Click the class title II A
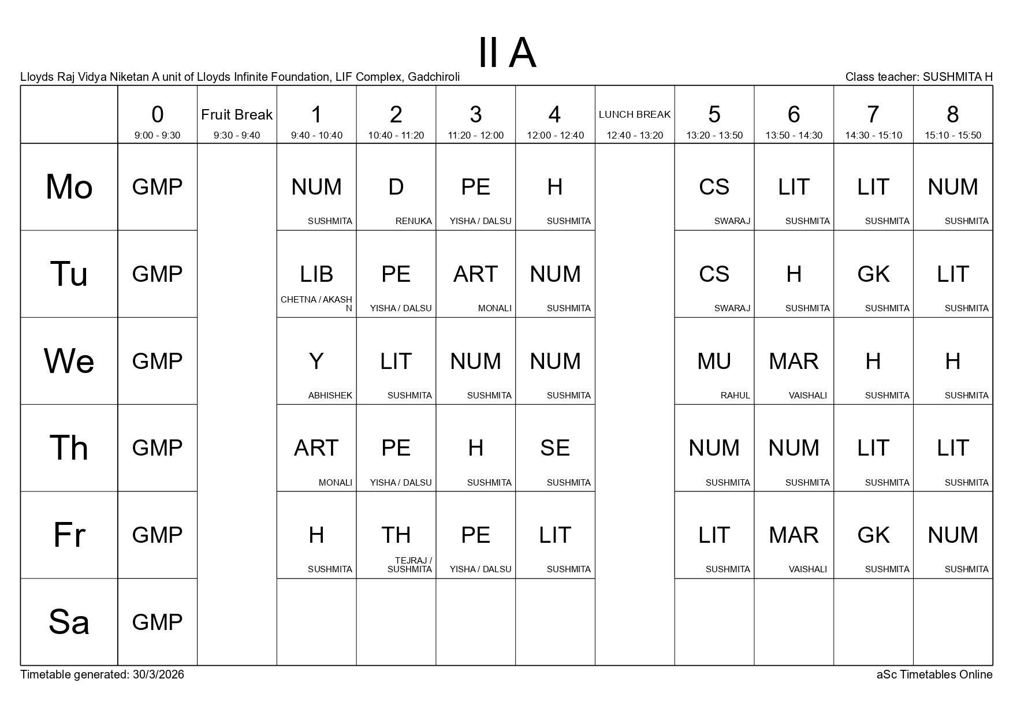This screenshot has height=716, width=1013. [507, 53]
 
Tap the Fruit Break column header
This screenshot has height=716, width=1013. [237, 115]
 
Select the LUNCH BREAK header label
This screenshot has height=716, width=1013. [634, 114]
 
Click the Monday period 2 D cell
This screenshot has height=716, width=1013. [396, 187]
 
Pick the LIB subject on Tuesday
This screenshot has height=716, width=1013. [316, 274]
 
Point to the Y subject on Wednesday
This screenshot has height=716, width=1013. [316, 361]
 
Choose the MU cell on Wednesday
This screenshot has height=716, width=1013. [714, 361]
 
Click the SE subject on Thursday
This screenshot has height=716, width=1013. [554, 448]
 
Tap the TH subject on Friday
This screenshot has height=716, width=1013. [396, 535]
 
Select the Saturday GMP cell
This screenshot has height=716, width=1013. [157, 622]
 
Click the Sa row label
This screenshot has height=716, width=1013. [69, 622]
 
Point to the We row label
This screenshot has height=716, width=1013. [69, 361]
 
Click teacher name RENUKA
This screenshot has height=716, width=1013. [414, 221]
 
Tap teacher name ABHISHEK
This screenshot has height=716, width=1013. [330, 396]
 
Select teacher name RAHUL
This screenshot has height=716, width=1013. [735, 396]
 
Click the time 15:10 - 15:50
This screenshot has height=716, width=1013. [952, 136]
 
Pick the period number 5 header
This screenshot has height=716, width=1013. [714, 115]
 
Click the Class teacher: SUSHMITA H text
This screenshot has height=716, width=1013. [918, 77]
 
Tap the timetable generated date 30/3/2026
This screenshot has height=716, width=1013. [158, 674]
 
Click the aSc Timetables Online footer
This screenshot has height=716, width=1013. [934, 674]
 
